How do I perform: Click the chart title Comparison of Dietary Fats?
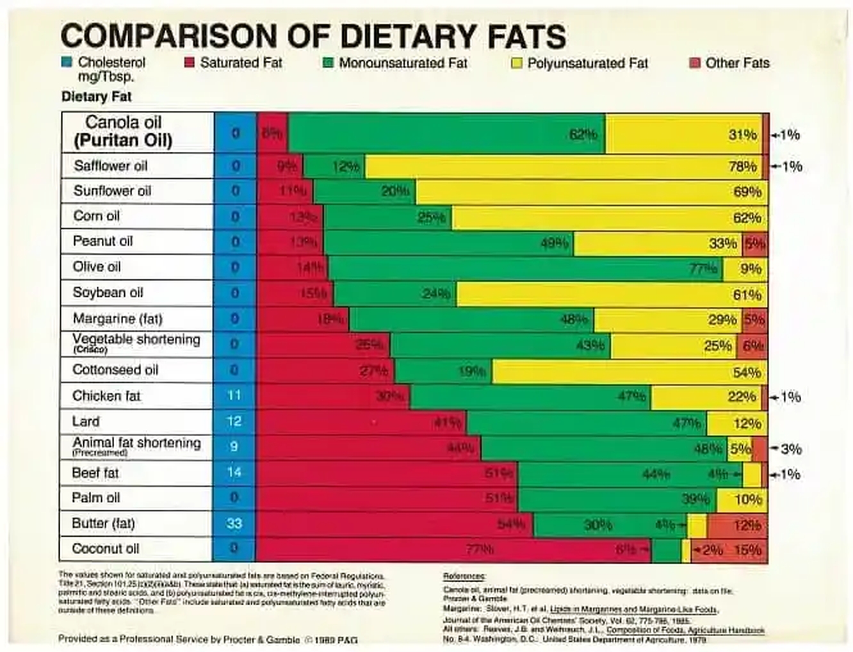[x=313, y=36]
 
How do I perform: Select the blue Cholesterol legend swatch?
[x=67, y=63]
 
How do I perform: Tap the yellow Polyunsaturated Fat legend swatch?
[x=517, y=63]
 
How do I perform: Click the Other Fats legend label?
[x=737, y=63]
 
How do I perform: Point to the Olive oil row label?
[x=97, y=266]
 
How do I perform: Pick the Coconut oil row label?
[x=105, y=549]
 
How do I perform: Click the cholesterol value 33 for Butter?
[x=234, y=523]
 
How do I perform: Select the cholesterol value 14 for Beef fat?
[x=234, y=473]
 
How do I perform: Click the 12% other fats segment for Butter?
[x=737, y=525]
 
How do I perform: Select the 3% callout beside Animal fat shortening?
[x=792, y=449]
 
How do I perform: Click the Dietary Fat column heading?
[x=96, y=97]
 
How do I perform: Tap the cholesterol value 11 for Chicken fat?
[x=234, y=396]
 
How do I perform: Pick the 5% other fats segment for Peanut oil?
[x=754, y=243]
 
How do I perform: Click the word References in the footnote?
[x=464, y=576]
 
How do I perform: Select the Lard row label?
[x=86, y=421]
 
